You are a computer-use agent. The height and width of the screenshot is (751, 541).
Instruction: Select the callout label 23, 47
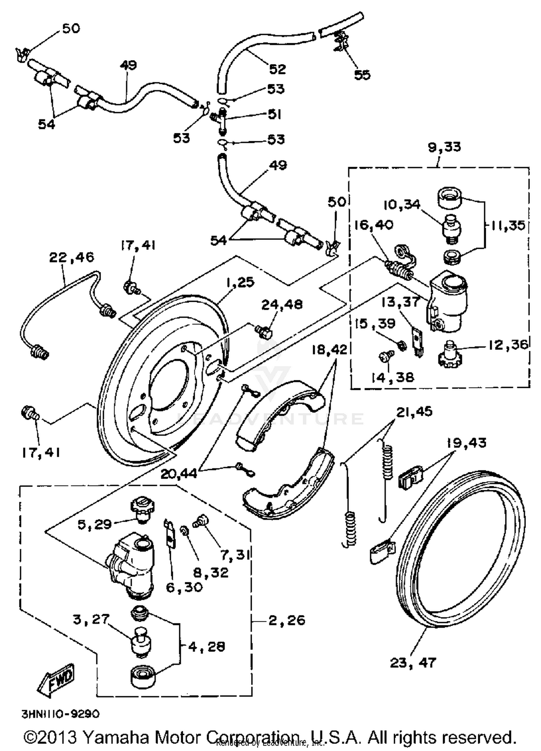click(x=413, y=662)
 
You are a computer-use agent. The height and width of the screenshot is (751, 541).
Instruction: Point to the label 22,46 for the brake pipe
click(x=71, y=257)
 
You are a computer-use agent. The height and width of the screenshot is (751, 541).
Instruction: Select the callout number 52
click(x=277, y=69)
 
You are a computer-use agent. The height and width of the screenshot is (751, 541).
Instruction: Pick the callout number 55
click(x=362, y=75)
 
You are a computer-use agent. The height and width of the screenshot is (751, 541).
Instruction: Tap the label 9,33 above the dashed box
click(x=444, y=147)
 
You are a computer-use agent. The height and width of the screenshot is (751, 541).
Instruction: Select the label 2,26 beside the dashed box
click(x=287, y=620)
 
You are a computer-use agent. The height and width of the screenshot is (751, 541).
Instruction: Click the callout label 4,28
click(x=206, y=647)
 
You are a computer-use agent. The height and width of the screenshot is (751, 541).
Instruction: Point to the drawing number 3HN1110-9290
click(x=61, y=714)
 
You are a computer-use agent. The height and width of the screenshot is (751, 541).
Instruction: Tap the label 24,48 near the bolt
click(x=282, y=304)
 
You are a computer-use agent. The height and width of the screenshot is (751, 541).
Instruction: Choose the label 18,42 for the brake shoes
click(x=329, y=349)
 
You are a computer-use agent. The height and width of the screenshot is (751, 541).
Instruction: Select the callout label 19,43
click(x=466, y=443)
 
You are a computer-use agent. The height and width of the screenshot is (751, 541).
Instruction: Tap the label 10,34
click(x=401, y=205)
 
